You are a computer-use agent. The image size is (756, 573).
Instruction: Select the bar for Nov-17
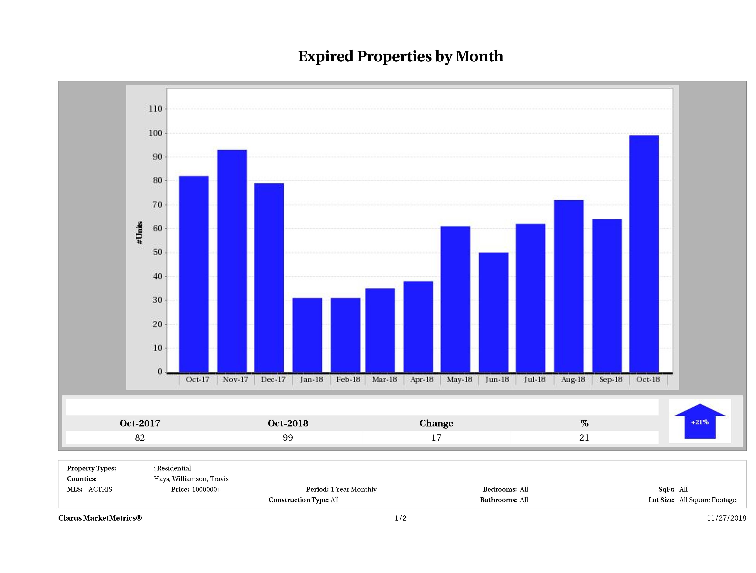coord(232,261)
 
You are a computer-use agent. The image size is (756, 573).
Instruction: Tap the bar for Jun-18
coord(494,312)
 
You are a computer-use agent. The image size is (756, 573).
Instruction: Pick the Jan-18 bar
coord(307,335)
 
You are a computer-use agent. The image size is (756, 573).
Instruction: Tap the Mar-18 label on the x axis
coord(384,379)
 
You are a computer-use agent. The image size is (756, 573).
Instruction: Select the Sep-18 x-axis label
coord(611,379)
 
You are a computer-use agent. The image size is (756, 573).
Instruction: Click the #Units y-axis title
coord(139,232)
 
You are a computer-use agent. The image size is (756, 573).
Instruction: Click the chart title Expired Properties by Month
coord(401,56)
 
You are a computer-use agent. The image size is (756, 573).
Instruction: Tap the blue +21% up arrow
coord(700,422)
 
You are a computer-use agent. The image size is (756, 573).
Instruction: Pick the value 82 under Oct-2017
coord(140,438)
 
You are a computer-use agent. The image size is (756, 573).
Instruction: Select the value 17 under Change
coord(436,438)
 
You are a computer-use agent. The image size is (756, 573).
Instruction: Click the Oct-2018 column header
coord(288,423)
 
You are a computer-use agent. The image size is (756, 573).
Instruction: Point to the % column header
coord(584,423)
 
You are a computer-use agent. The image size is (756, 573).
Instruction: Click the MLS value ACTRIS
coord(100,489)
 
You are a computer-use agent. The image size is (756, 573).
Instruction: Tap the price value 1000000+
coord(206,489)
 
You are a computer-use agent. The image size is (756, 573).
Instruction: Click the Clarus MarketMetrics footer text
coord(100,518)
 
